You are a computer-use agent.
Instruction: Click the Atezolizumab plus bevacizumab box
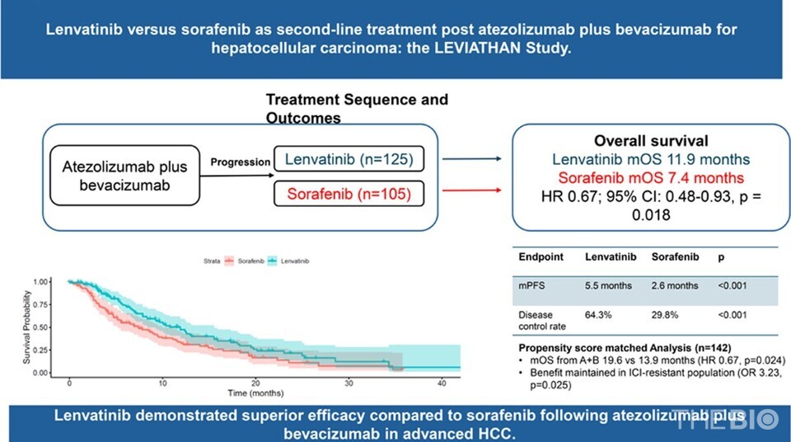pyautogui.click(x=125, y=176)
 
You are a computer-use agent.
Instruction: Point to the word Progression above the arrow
pyautogui.click(x=241, y=162)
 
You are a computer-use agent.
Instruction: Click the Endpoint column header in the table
pyautogui.click(x=541, y=257)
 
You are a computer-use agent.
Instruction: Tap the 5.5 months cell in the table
pyautogui.click(x=609, y=286)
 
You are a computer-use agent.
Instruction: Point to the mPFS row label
pyautogui.click(x=531, y=286)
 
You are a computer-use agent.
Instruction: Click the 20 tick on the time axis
pyautogui.click(x=256, y=383)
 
